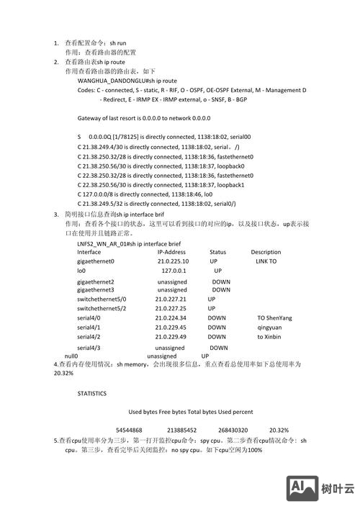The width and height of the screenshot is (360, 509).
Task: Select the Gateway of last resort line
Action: point(144,117)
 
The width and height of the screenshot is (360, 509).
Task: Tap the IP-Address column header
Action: point(172,252)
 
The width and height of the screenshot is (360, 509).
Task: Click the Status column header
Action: point(218,252)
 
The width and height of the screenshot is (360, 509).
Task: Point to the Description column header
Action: point(266,252)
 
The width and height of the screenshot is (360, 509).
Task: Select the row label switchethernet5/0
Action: point(102,299)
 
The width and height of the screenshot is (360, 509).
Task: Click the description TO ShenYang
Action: point(274,317)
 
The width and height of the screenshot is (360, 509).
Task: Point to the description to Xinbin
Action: point(269,336)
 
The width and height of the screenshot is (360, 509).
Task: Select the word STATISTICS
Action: point(92,394)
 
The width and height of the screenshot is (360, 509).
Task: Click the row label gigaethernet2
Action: point(96,282)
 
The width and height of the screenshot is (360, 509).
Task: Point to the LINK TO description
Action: point(266,261)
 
